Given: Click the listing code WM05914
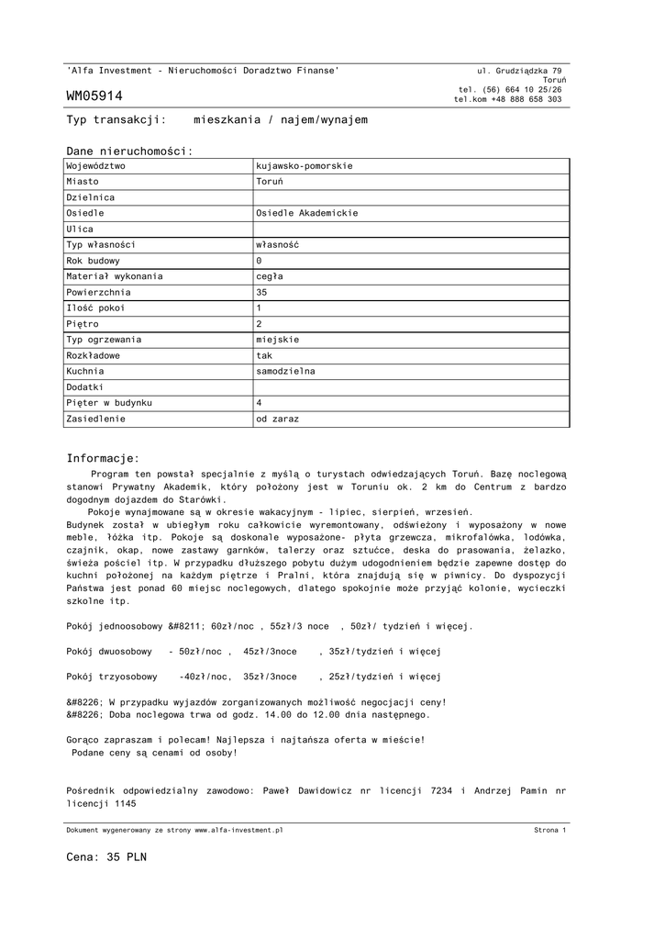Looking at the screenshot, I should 94,96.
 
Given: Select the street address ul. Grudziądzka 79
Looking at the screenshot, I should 520,71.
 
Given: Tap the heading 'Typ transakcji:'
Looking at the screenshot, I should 116,120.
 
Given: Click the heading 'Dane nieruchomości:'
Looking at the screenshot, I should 129,151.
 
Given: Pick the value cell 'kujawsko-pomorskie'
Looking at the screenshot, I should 304,166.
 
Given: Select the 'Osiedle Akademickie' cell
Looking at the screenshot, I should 307,213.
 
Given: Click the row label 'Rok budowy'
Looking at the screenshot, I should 94,261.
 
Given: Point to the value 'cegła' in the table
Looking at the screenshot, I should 270,276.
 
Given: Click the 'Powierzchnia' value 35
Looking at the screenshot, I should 261,292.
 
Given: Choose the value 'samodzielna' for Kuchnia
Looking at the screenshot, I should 285,371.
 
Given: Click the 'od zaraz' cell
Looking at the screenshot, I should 277,419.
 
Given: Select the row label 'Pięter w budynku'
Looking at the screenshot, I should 109,403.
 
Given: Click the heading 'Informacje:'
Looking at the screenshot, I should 103,458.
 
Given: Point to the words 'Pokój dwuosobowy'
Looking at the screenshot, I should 109,652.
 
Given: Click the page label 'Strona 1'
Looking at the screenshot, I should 550,830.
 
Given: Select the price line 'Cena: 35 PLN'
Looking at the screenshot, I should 106,857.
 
